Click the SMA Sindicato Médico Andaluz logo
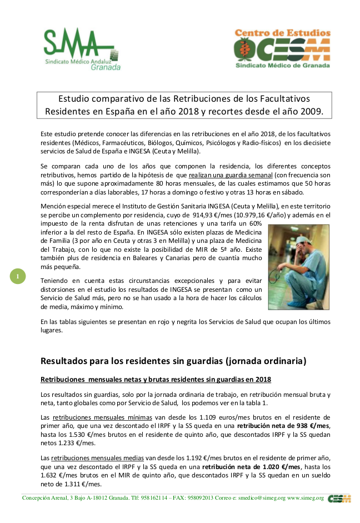[x=82, y=49]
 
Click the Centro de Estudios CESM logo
[x=282, y=49]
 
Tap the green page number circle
[x=18, y=276]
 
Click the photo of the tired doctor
[x=299, y=266]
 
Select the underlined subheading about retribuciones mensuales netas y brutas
[x=156, y=380]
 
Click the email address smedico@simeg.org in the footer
[x=257, y=498]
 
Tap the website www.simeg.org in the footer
[x=305, y=498]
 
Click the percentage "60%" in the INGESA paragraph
[x=255, y=223]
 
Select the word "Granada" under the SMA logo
[x=106, y=67]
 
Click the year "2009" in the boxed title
[x=309, y=111]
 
